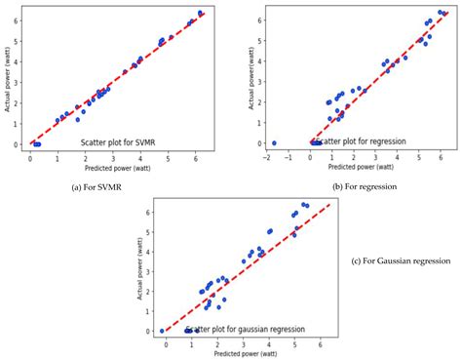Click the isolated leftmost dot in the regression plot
tap(274, 143)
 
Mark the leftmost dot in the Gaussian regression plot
tap(162, 331)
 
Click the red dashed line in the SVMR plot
tap(117, 79)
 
